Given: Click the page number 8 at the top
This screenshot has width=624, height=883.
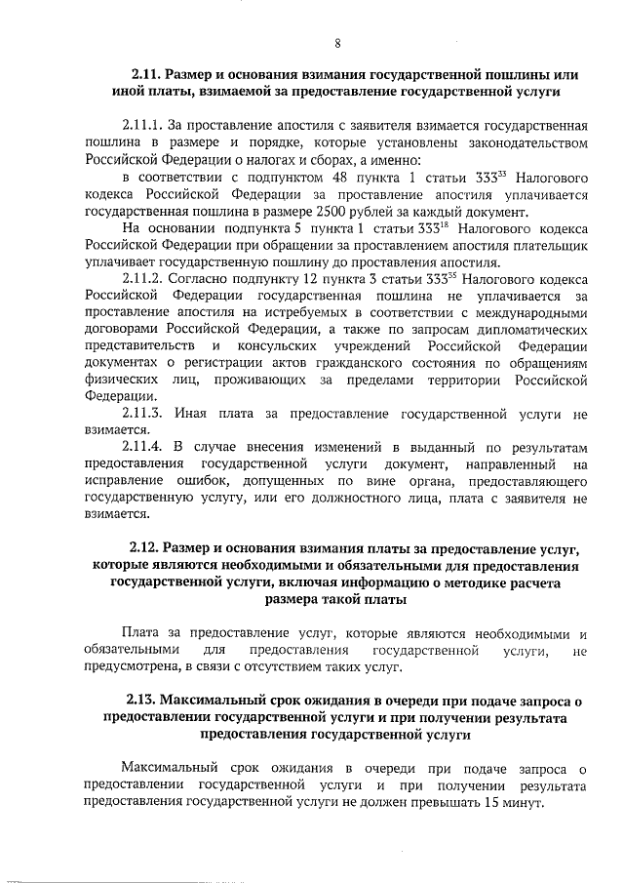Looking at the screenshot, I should (336, 43).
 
